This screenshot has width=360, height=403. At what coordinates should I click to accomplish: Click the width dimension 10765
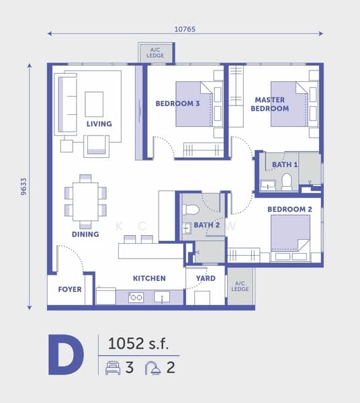click(x=185, y=29)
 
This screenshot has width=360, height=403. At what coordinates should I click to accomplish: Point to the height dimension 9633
click(x=24, y=187)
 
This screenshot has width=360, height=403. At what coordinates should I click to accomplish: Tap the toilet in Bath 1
click(x=287, y=181)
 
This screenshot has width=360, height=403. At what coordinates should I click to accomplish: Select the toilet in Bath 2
click(x=191, y=210)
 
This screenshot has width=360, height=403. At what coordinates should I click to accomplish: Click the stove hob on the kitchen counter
click(x=136, y=298)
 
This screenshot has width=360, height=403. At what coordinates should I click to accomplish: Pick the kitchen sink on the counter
click(x=162, y=297)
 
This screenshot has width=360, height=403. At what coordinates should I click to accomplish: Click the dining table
click(x=85, y=201)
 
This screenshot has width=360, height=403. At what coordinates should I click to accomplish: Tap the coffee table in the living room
click(x=94, y=104)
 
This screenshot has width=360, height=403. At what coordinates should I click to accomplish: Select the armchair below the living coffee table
click(x=96, y=146)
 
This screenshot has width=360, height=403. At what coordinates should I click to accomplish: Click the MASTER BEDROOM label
click(x=270, y=104)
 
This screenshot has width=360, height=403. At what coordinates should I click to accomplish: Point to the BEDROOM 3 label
click(x=177, y=103)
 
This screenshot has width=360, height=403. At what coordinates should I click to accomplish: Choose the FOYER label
click(x=70, y=289)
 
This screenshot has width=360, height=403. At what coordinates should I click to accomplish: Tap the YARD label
click(x=206, y=278)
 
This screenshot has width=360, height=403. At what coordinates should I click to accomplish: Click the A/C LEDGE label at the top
click(x=155, y=52)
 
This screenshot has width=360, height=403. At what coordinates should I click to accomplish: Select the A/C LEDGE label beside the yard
click(x=240, y=286)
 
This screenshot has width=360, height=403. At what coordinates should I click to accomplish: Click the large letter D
click(x=66, y=355)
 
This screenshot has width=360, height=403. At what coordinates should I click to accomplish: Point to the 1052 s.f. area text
click(x=138, y=344)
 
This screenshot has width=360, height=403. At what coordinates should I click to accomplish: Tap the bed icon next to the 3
click(x=113, y=367)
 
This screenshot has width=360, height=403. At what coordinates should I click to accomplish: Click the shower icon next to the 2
click(x=153, y=367)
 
